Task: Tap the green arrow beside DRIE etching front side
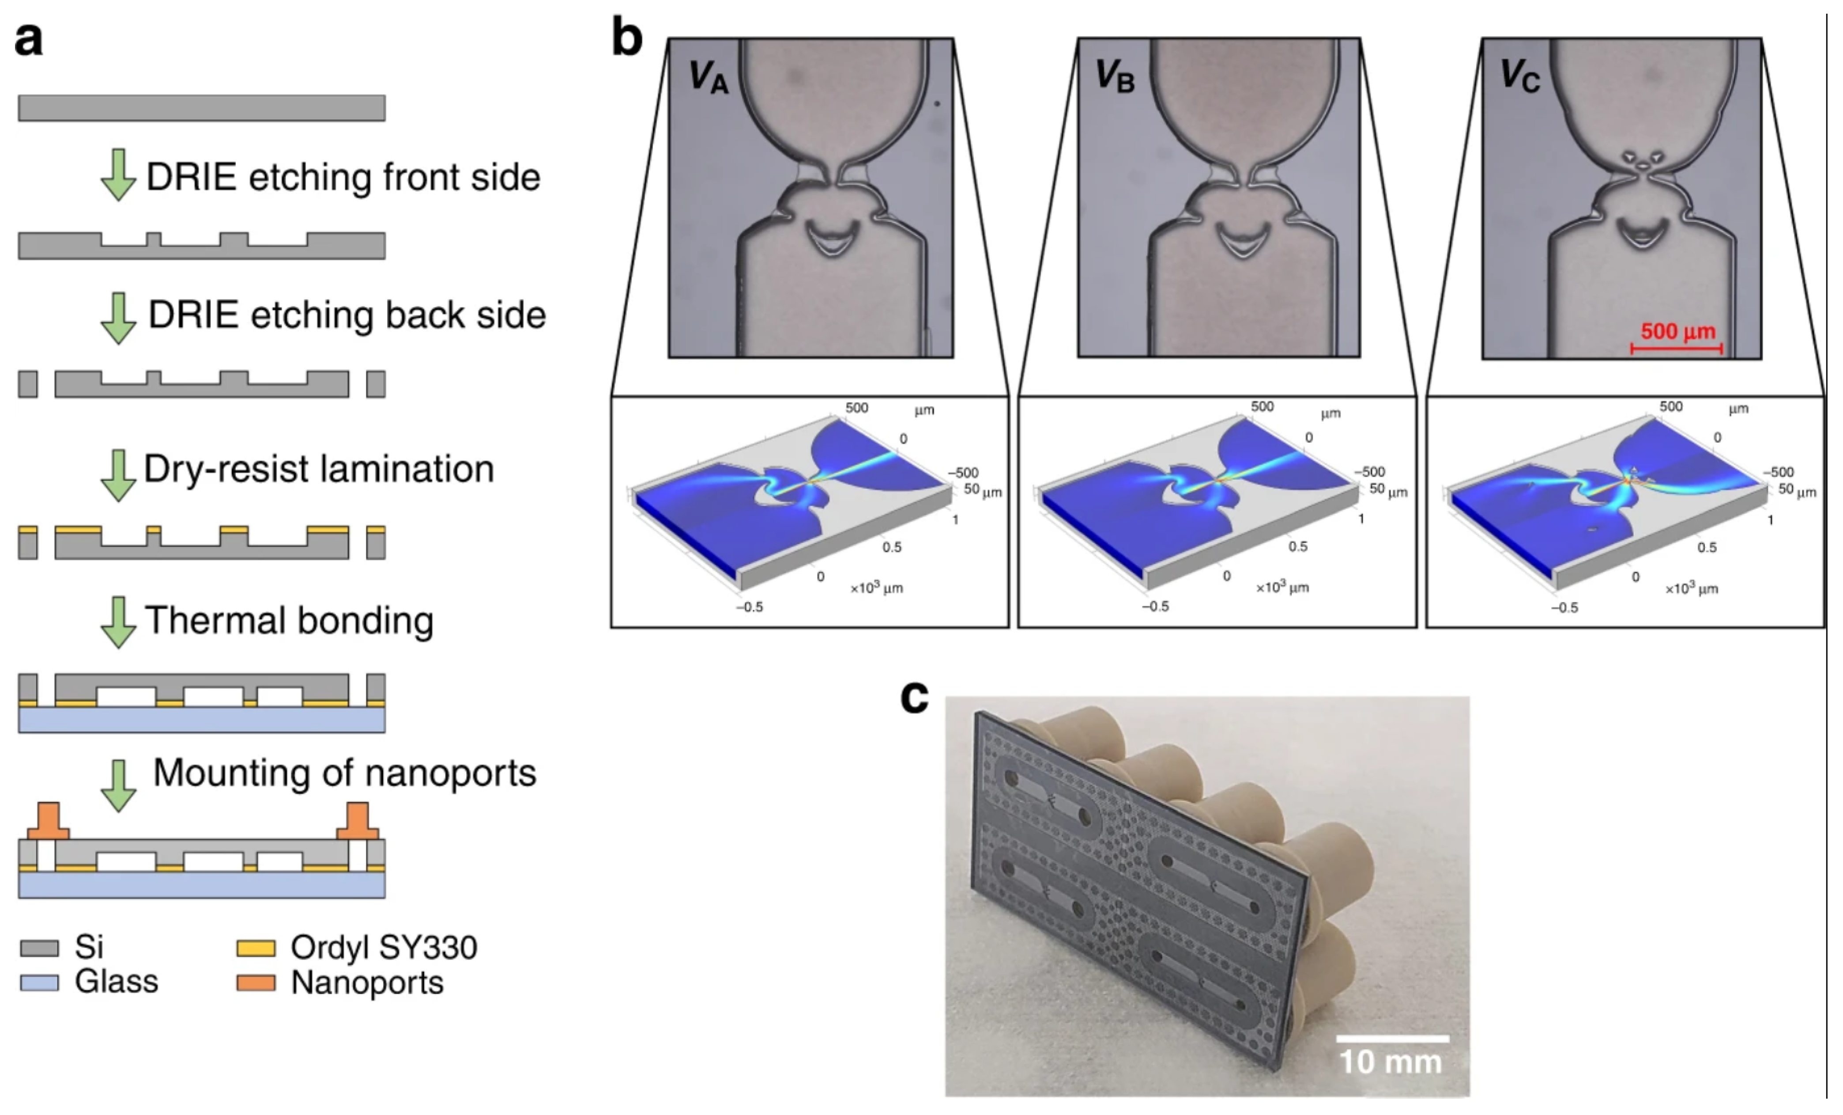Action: click(x=118, y=175)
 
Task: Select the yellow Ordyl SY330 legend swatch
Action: click(x=256, y=948)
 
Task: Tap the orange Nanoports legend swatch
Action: click(x=256, y=982)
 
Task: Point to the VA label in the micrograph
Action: click(x=708, y=77)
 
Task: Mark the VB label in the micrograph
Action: click(x=1115, y=77)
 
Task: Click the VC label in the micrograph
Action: click(x=1520, y=77)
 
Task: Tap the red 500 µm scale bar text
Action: click(x=1678, y=331)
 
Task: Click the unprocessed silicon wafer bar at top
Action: click(x=201, y=108)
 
